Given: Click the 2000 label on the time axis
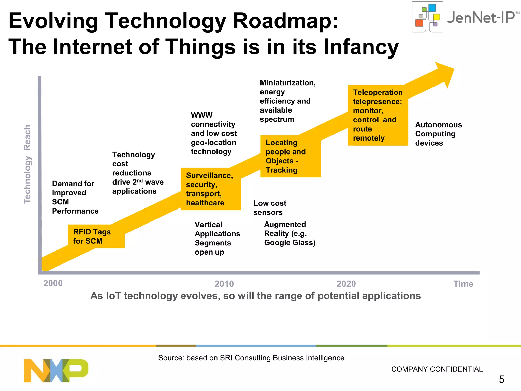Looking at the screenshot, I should pos(53,283).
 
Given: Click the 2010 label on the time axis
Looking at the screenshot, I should pos(224,284).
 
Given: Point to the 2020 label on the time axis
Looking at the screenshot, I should pos(346,284).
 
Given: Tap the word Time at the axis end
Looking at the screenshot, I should pos(463,284).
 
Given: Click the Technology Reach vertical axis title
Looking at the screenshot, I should pos(27,164).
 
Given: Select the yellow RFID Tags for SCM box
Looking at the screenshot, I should pos(96,236).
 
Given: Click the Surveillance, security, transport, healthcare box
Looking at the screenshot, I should pos(211,189).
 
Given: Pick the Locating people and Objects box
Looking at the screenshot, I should pos(290,156).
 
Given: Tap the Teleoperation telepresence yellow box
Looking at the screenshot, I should pos(378,115).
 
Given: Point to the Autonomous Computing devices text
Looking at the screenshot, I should pos(438,134).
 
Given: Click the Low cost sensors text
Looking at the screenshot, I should pos(270,208).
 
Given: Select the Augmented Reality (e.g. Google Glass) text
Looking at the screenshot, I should pos(290,233).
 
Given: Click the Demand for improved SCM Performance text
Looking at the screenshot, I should pos(75,197).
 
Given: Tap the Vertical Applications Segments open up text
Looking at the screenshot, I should pos(217,238).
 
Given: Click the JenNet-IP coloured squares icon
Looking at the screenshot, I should pos(427,17).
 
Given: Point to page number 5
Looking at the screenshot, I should pos(501,380).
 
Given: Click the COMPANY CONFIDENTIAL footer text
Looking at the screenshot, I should pos(437,369).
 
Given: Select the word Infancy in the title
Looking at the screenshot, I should pos(361,47).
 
